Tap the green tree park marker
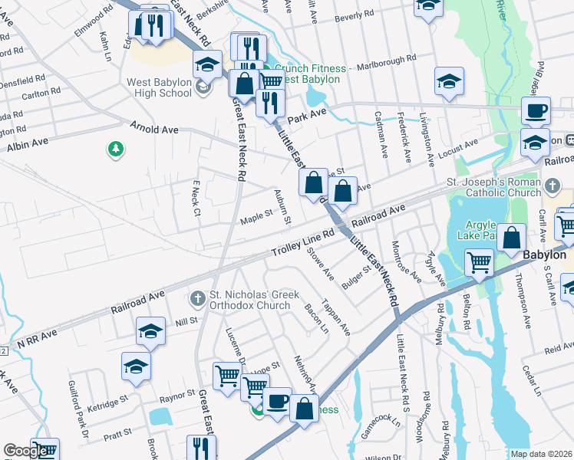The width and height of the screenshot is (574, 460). coord(116,148)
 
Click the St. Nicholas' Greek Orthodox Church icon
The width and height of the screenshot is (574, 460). coord(198,297)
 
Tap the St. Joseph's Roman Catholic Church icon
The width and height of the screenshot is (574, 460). coord(552,186)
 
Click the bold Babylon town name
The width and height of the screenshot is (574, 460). coord(544,255)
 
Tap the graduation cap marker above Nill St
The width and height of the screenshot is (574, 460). coord(151,331)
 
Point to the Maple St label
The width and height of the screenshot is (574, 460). coord(256,217)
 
